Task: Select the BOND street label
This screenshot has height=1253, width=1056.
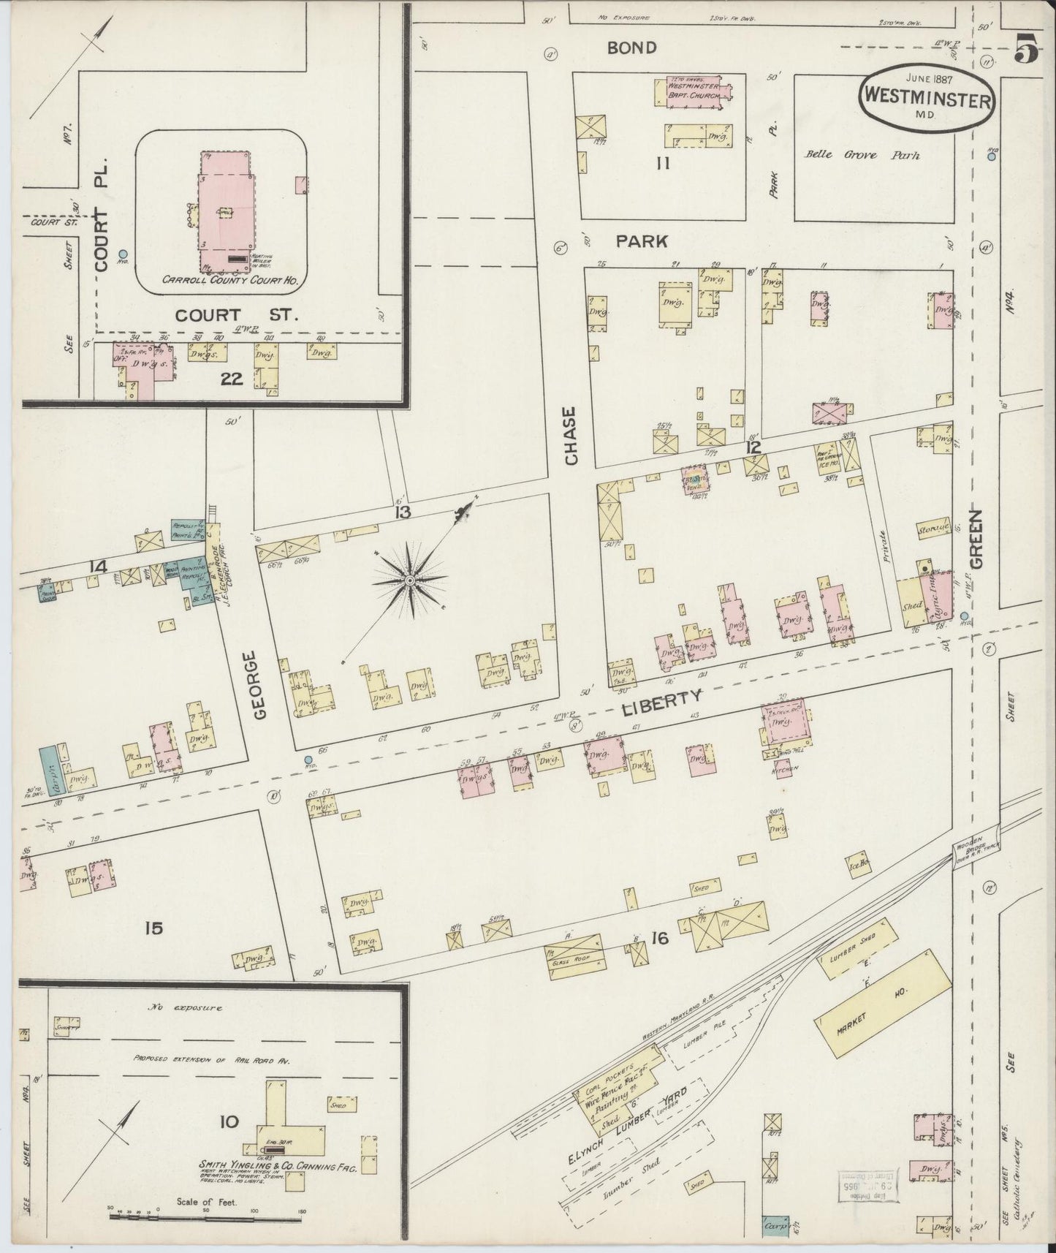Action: point(632,48)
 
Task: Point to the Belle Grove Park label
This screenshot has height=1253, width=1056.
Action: point(862,155)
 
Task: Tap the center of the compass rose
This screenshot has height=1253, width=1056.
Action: point(410,580)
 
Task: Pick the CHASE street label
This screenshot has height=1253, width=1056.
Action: point(571,436)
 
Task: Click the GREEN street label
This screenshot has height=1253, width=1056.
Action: point(977,538)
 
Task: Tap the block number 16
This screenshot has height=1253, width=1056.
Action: point(660,939)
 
